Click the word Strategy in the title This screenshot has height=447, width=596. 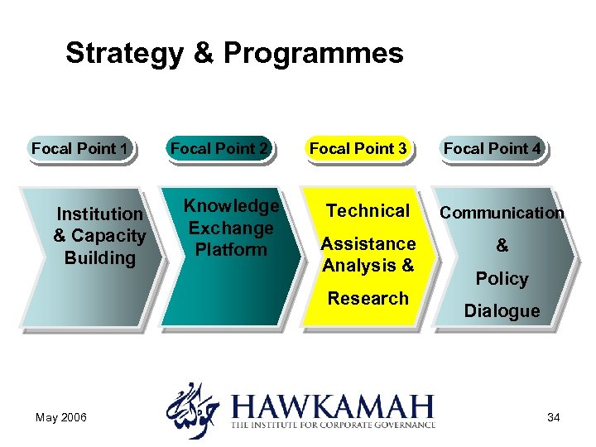click(x=123, y=53)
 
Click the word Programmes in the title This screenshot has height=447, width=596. click(x=313, y=53)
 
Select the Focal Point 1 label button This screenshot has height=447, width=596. click(x=79, y=149)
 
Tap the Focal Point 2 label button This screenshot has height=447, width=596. click(x=219, y=149)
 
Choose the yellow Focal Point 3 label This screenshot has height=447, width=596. click(x=358, y=149)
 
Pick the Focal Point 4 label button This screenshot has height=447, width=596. click(x=493, y=149)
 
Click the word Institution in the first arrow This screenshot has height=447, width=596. click(x=99, y=214)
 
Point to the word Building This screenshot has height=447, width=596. click(x=99, y=257)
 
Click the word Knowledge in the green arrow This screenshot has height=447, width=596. click(x=231, y=206)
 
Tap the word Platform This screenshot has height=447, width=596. click(x=231, y=249)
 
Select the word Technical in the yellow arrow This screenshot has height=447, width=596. click(x=368, y=211)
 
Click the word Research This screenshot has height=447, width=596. click(x=368, y=298)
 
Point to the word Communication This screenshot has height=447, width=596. click(x=502, y=213)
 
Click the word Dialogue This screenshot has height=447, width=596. click(x=502, y=311)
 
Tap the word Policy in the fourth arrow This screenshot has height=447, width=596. click(x=502, y=279)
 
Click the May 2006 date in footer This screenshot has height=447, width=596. click(x=60, y=417)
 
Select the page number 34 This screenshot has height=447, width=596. click(x=553, y=417)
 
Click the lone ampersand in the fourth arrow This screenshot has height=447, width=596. click(x=502, y=246)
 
